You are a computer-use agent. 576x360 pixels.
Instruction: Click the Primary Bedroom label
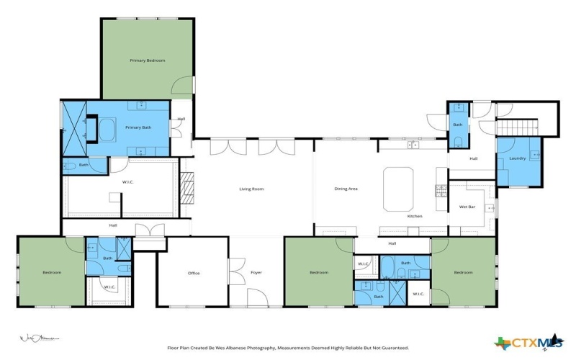147,60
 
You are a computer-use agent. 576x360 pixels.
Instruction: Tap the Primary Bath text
138,127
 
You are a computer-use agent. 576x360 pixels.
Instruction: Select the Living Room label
251,189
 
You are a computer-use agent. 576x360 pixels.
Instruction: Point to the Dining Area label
346,189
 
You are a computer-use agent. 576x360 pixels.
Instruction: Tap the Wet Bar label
467,207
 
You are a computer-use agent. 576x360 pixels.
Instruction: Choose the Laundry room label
517,158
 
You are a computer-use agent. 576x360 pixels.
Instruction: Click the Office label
193,273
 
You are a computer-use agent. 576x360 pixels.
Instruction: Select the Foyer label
256,273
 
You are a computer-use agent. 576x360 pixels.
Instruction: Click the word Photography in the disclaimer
257,347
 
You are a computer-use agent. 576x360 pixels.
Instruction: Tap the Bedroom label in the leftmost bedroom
52,272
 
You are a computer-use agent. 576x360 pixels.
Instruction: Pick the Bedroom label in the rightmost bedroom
463,272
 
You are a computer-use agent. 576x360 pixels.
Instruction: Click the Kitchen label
415,216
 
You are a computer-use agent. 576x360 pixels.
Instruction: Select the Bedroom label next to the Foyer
319,272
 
